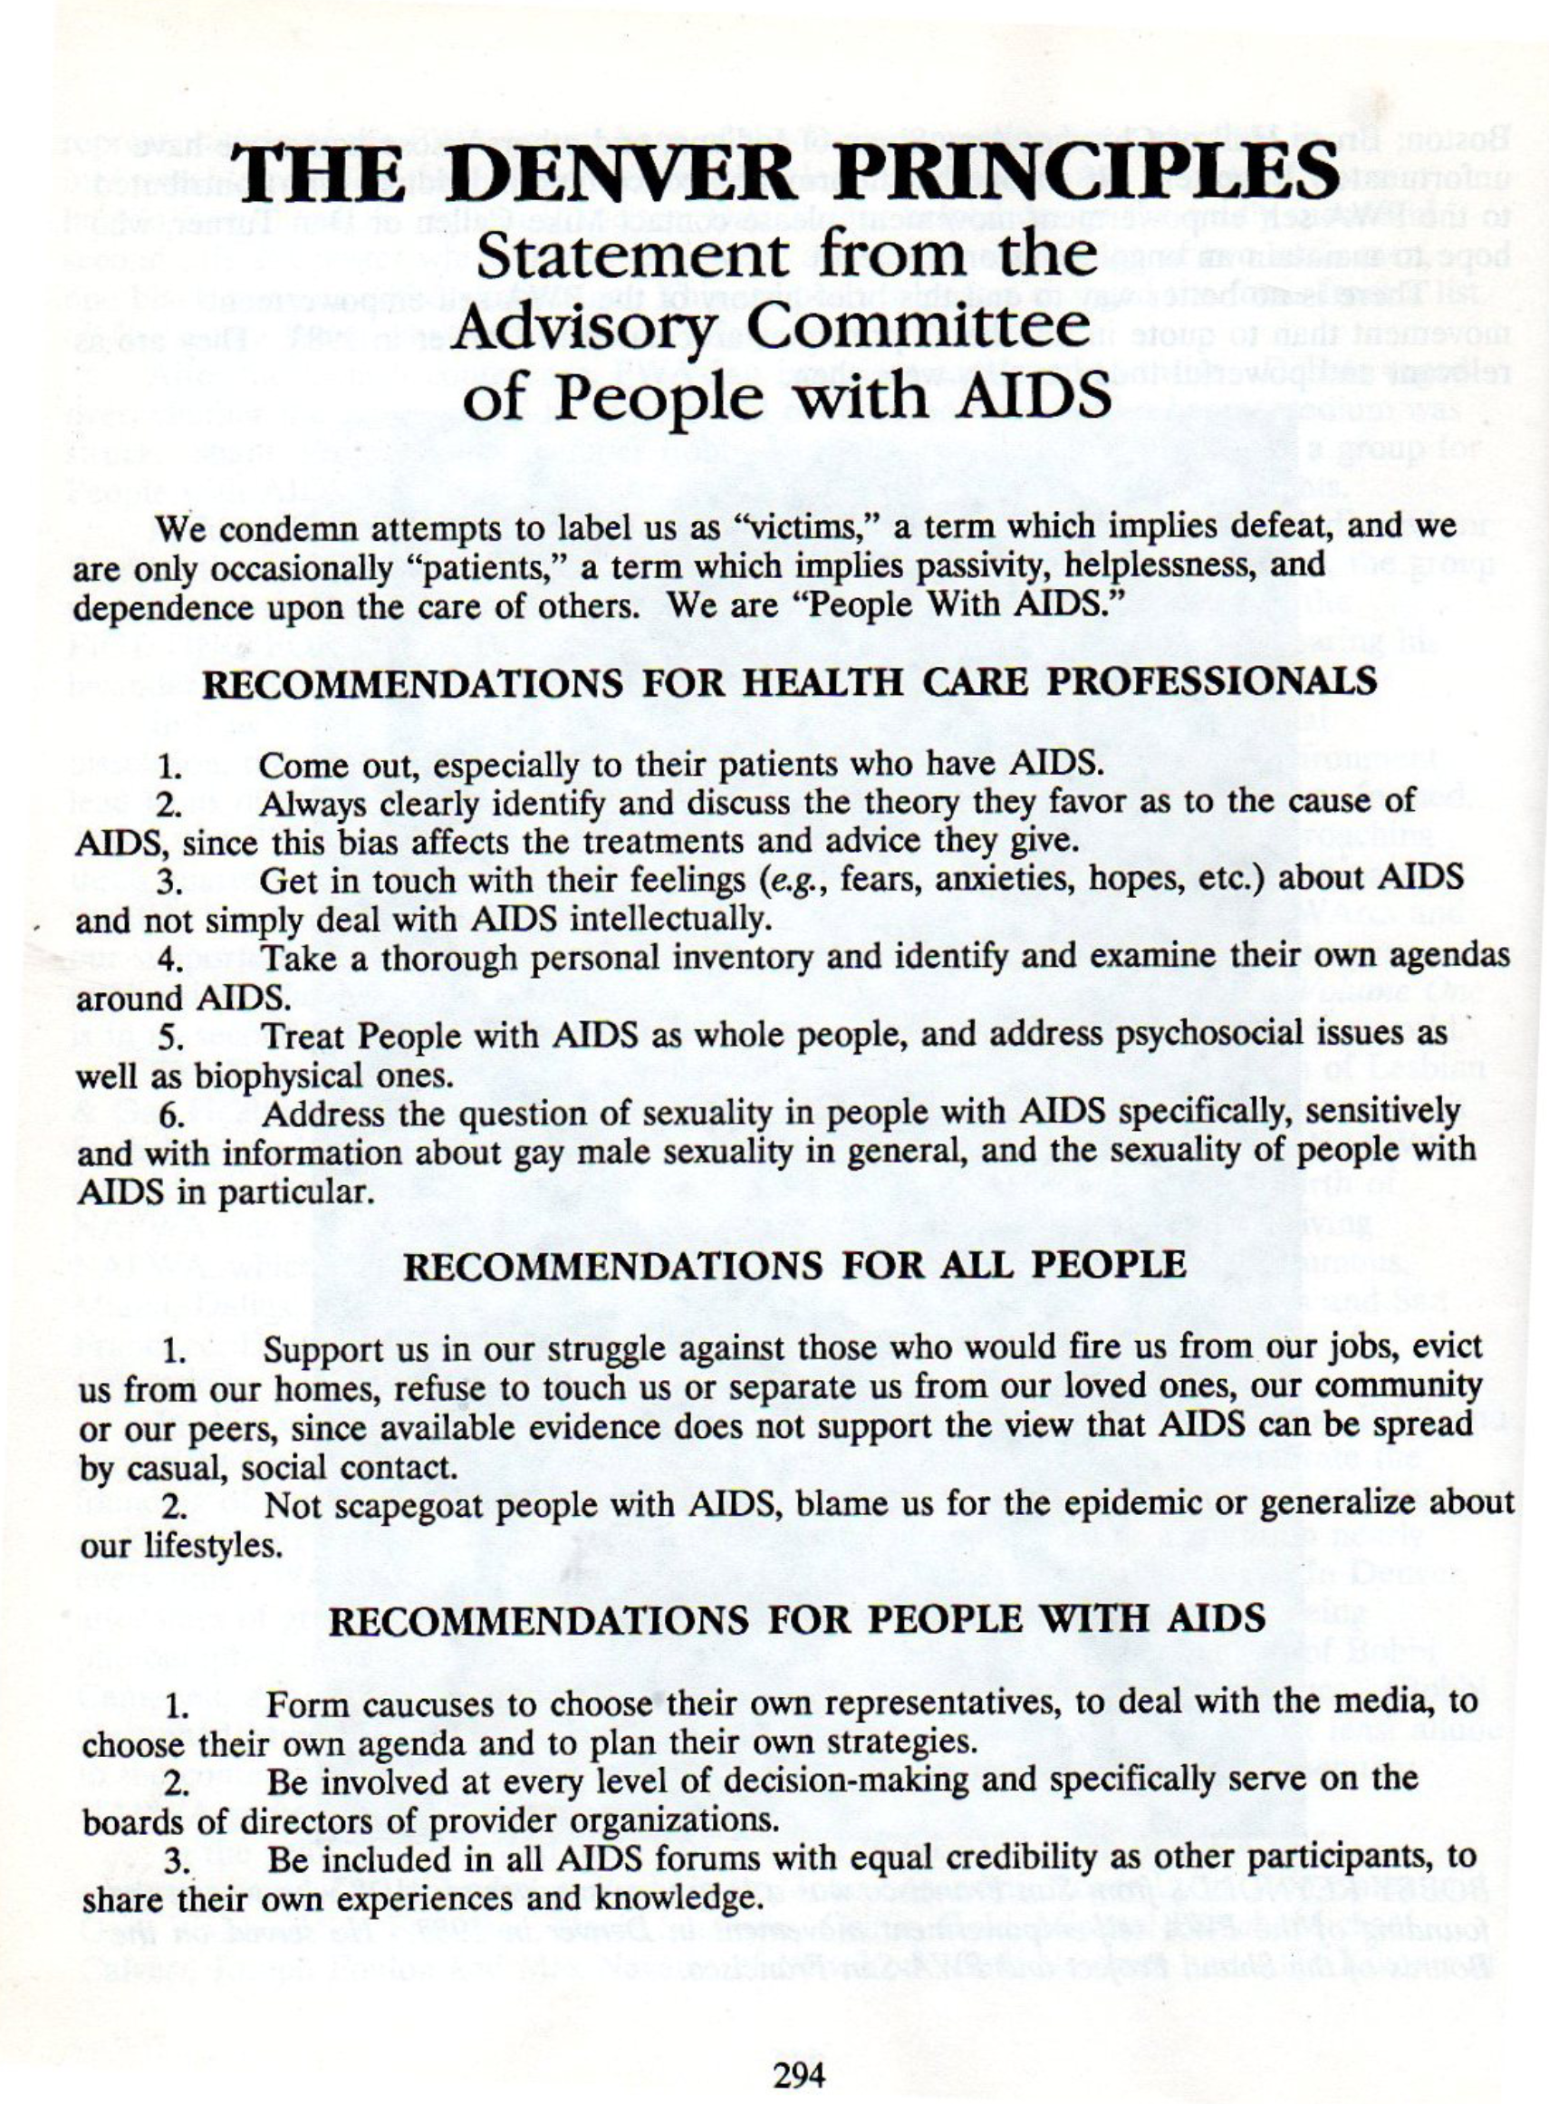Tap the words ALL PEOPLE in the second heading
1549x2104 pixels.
[1060, 1266]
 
